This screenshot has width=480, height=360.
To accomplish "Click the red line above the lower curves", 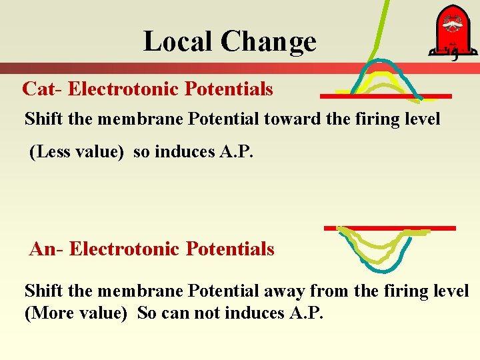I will (x=389, y=228).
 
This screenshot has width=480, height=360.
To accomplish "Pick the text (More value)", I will (x=75, y=313).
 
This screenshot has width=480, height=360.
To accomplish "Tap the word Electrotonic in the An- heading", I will (x=125, y=249).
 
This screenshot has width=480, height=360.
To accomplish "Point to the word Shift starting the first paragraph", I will (x=42, y=120).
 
